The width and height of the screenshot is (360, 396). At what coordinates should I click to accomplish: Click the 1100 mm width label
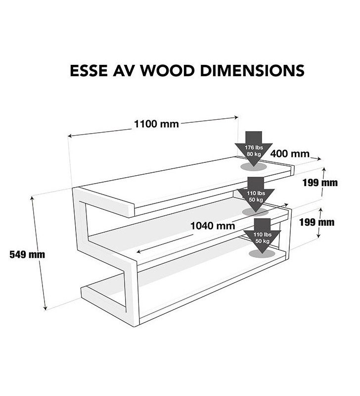click(156, 124)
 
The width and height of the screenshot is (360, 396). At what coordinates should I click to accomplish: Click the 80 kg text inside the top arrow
click(253, 154)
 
